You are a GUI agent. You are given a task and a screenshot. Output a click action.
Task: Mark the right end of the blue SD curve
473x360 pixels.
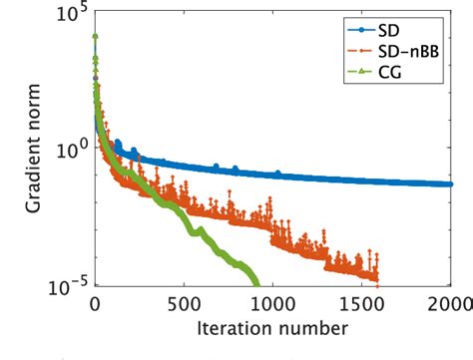coord(448,183)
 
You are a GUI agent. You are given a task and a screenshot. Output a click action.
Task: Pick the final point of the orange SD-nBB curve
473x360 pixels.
coord(377,279)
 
